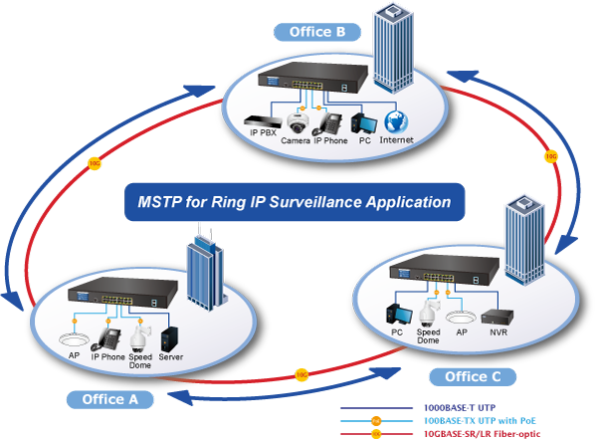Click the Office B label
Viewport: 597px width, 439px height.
click(x=317, y=32)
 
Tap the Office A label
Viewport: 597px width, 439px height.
click(x=110, y=399)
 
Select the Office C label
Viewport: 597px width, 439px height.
click(x=473, y=377)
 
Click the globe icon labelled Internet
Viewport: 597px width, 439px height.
click(x=396, y=122)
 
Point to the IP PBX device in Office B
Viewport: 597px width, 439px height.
click(x=262, y=121)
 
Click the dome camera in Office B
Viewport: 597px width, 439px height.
click(x=298, y=122)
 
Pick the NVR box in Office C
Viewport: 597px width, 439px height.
click(x=497, y=318)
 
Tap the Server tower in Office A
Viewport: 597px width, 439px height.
click(x=169, y=339)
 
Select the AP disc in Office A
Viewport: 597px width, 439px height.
click(x=74, y=339)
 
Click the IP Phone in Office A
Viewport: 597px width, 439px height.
click(x=106, y=339)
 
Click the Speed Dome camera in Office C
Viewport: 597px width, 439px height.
click(x=429, y=314)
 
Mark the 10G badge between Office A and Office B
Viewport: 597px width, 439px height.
click(x=95, y=163)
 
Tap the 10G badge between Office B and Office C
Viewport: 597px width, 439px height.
click(x=551, y=156)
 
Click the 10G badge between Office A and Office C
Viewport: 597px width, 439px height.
click(x=301, y=375)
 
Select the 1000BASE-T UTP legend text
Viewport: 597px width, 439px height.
click(x=460, y=408)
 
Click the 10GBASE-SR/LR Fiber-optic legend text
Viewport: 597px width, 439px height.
click(x=482, y=434)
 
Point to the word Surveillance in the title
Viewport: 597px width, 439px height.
click(x=315, y=202)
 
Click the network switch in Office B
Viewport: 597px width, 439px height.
click(x=313, y=78)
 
